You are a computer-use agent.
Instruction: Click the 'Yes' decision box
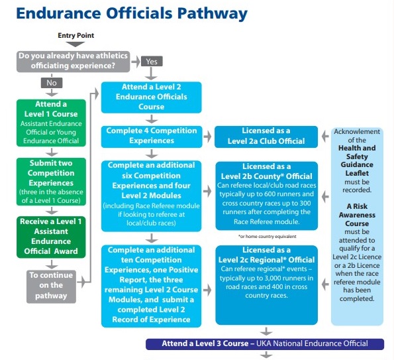coord(152,62)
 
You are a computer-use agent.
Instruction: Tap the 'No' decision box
coord(52,83)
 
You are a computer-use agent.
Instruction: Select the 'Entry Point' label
coord(76,36)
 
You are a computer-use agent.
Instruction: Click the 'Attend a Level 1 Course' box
coord(51,123)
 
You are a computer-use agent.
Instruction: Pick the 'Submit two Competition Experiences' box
coord(51,182)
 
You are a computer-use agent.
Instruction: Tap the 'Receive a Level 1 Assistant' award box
coord(51,237)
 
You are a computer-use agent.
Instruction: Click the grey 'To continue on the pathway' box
coord(51,286)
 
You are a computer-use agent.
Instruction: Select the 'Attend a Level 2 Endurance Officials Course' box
coord(151,97)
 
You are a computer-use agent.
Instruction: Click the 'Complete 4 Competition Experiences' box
coord(152,137)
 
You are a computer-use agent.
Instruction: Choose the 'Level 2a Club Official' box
coord(266,137)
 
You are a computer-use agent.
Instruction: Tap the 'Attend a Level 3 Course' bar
coord(265,344)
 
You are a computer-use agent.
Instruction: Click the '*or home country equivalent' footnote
coord(268,237)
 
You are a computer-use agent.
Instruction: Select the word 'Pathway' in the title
coord(213,14)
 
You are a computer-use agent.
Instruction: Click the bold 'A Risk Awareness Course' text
coord(357,215)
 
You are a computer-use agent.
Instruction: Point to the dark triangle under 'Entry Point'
coord(75,44)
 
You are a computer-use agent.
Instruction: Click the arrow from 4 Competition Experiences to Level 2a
coord(207,137)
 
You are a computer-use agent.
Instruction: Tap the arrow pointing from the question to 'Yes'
coord(136,62)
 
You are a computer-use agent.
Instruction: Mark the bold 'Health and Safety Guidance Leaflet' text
coord(357,160)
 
